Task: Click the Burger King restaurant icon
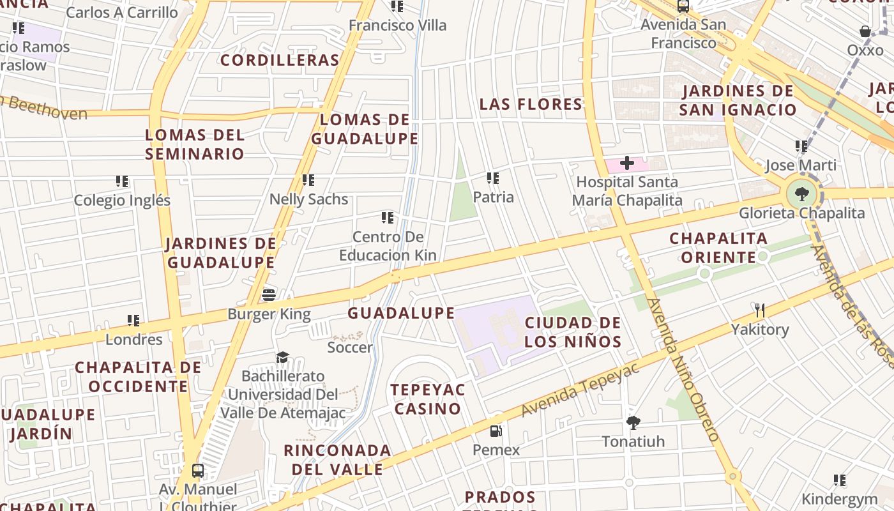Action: (269, 295)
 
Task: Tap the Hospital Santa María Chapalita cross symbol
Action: (627, 163)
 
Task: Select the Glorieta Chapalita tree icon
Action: (801, 194)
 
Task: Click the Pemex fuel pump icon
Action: (496, 431)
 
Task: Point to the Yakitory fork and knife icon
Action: (760, 311)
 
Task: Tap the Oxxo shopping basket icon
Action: (865, 31)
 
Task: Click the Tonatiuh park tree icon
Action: (633, 422)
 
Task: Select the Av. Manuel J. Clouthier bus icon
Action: (198, 471)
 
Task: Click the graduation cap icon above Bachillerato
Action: (282, 357)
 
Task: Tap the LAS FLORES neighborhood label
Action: (531, 104)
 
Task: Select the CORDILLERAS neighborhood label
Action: (280, 60)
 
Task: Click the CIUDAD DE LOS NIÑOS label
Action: (573, 332)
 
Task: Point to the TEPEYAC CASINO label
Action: (428, 399)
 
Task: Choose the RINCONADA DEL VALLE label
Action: (337, 460)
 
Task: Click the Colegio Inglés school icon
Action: (122, 181)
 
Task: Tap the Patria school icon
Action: (492, 178)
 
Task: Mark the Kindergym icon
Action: (840, 480)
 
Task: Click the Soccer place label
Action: (349, 347)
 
